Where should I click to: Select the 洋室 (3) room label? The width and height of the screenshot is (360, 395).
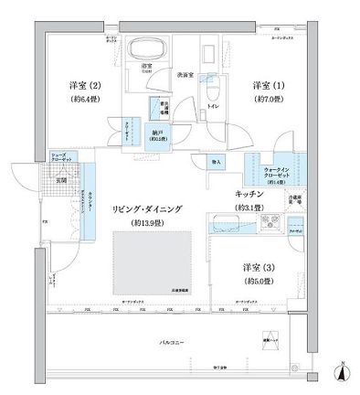[256, 267]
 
